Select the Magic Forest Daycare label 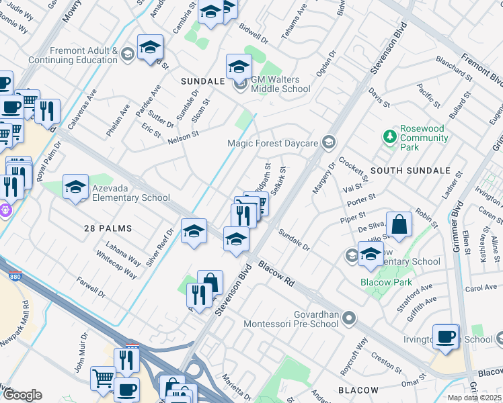(x=273, y=142)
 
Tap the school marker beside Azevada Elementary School (x=75, y=187)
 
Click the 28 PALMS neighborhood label (x=108, y=228)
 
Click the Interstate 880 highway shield (x=13, y=275)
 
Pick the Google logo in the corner (x=22, y=395)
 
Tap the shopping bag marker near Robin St (x=399, y=226)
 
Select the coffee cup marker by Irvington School (x=446, y=337)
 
